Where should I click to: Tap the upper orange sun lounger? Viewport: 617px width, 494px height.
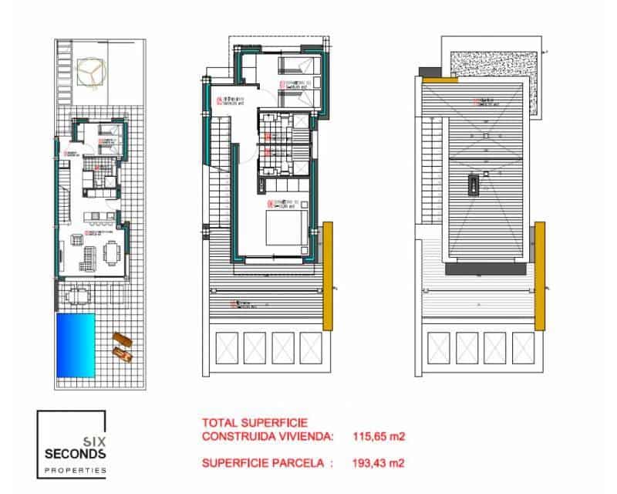click(x=122, y=340)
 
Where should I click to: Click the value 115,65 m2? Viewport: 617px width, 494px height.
click(x=379, y=437)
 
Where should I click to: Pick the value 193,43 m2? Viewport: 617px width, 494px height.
click(x=379, y=463)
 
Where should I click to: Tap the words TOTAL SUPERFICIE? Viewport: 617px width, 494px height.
click(x=255, y=423)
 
